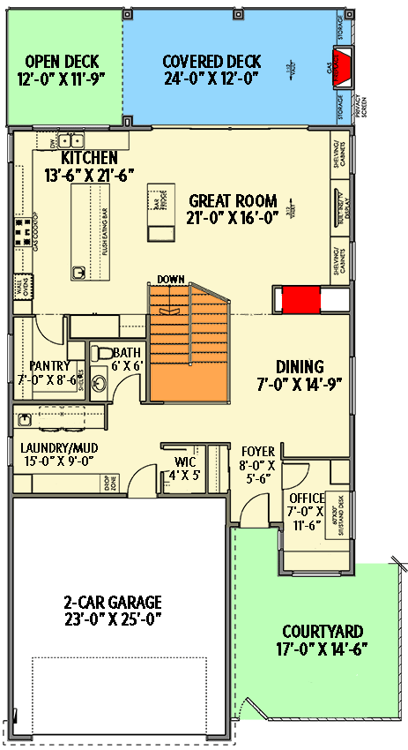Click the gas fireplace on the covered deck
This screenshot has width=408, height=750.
(345, 66)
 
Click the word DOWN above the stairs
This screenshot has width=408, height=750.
(170, 280)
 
